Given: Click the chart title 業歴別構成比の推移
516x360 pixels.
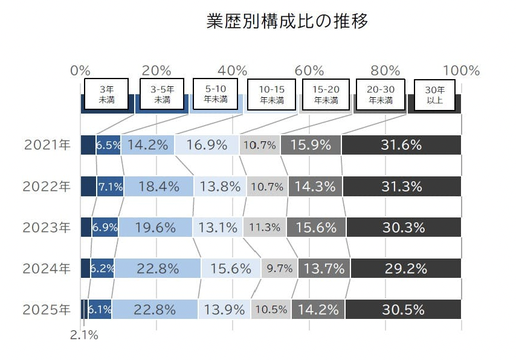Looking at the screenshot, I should [286, 22].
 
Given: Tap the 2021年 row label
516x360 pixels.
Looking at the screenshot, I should [48, 145].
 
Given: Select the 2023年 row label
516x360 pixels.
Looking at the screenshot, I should [48, 228].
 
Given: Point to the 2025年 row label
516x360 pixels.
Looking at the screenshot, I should [48, 310].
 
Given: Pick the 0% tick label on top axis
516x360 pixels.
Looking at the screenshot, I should [80, 71].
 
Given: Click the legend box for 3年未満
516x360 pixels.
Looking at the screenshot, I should [107, 95].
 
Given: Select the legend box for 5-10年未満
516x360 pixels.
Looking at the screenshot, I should [216, 94].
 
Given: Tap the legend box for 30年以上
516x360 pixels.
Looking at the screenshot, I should [434, 95].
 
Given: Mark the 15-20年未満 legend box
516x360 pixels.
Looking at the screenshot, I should [326, 95].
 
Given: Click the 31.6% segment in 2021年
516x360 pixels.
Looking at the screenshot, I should [401, 145].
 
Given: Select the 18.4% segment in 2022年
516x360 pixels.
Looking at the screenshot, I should [158, 187].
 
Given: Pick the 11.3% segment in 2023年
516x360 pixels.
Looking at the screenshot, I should [265, 228].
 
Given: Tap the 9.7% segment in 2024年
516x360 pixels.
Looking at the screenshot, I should [279, 269].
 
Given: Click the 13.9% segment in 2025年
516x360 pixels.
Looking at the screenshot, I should [224, 310].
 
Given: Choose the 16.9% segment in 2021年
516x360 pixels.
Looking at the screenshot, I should [207, 145].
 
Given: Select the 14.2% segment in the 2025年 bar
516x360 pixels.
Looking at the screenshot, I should [318, 310].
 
